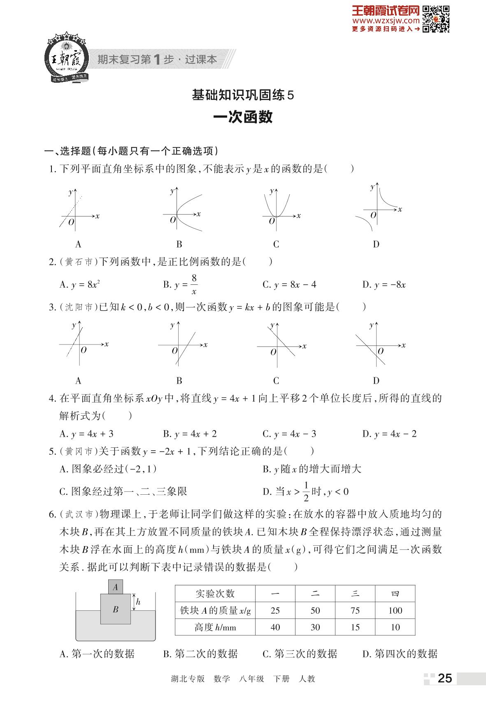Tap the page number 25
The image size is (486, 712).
pyautogui.click(x=445, y=678)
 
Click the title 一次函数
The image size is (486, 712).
pyautogui.click(x=243, y=117)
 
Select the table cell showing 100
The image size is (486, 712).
pyautogui.click(x=395, y=610)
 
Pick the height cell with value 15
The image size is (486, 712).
pyautogui.click(x=355, y=627)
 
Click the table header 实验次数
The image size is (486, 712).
pyautogui.click(x=215, y=593)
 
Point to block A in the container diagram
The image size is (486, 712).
pyautogui.click(x=116, y=587)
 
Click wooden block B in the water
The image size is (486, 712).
pyautogui.click(x=116, y=609)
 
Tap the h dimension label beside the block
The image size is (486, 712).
pyautogui.click(x=138, y=602)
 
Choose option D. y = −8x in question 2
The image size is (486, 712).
pyautogui.click(x=384, y=285)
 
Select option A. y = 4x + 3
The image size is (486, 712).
pyautogui.click(x=86, y=434)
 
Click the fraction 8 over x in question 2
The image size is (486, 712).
pyautogui.click(x=194, y=284)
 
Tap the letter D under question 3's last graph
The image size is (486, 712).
pyautogui.click(x=376, y=381)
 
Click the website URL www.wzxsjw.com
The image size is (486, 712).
pyautogui.click(x=386, y=21)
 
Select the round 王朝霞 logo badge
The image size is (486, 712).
pyautogui.click(x=66, y=58)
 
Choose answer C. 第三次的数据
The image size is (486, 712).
pyautogui.click(x=300, y=654)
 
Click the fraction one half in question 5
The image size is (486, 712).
pyautogui.click(x=306, y=491)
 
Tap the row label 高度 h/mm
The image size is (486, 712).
pyautogui.click(x=215, y=627)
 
